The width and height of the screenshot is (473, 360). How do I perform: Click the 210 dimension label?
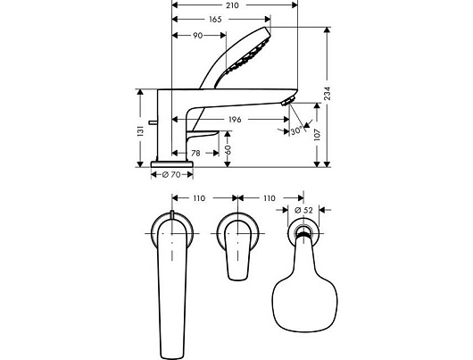(232, 5)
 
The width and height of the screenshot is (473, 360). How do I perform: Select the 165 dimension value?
(215, 20)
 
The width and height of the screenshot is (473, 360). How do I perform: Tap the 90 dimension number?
(197, 36)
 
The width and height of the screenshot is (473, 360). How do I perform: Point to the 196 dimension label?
(235, 120)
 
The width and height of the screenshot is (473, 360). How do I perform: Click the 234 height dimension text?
(328, 93)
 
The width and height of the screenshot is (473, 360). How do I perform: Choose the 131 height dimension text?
(141, 131)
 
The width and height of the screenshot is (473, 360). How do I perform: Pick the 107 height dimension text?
(317, 135)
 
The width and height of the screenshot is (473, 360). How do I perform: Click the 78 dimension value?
(195, 153)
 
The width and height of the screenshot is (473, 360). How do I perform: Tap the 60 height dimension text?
(228, 150)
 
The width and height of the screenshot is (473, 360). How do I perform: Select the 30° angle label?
(296, 130)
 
